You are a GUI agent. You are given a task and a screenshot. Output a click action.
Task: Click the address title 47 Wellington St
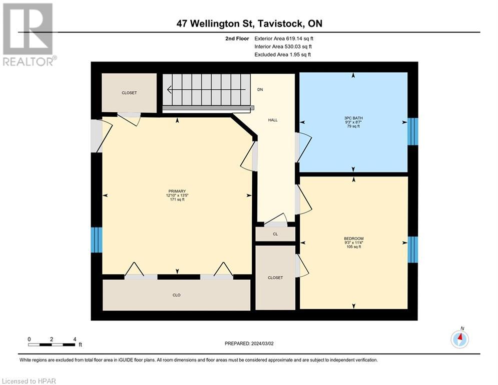click(249, 24)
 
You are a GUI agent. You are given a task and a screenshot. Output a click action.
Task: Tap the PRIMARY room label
click(177, 191)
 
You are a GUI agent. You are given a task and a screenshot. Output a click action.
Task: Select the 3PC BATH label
click(353, 118)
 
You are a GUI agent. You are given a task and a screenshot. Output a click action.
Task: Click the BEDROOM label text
click(353, 238)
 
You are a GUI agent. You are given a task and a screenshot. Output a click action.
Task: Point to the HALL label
click(273, 120)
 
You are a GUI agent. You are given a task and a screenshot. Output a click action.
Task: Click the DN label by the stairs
click(260, 89)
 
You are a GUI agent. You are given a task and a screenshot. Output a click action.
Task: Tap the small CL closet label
click(275, 234)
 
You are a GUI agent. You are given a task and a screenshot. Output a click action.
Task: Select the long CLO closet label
click(176, 295)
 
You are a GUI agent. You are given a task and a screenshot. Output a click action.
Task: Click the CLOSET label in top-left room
click(129, 93)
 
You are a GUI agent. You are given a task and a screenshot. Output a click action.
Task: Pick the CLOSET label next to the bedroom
click(275, 277)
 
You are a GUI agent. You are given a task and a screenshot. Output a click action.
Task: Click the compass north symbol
click(459, 339)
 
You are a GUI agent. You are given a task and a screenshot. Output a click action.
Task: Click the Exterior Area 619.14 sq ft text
click(284, 38)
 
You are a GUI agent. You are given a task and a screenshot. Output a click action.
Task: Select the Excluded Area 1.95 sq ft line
click(282, 54)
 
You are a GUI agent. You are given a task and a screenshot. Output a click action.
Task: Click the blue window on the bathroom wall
click(412, 131)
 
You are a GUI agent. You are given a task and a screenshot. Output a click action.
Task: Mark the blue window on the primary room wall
click(96, 240)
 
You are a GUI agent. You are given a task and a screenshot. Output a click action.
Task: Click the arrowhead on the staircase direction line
click(169, 90)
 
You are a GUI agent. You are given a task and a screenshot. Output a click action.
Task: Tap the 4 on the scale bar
click(74, 339)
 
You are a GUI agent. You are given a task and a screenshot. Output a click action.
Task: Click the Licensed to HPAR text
click(29, 381)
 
